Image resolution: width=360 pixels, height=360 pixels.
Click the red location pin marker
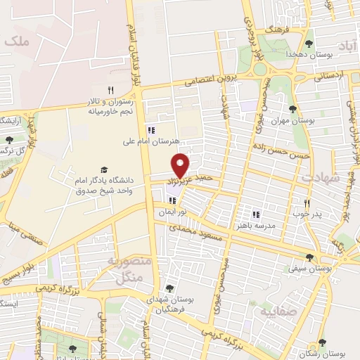click(181, 164)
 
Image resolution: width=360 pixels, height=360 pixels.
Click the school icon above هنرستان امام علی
click(150, 129)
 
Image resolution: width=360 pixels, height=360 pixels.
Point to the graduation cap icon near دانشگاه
click(105, 170)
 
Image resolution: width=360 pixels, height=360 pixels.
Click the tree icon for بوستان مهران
click(293, 109)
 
